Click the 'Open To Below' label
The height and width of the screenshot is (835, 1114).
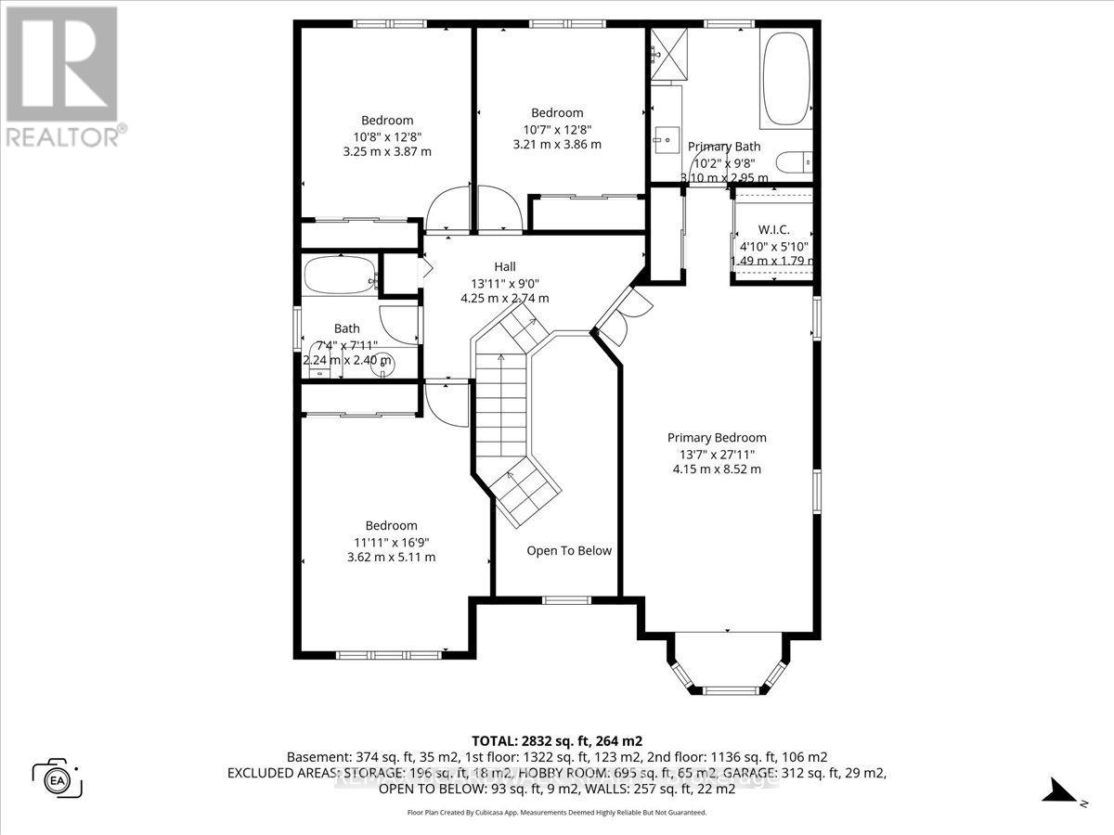click(x=569, y=550)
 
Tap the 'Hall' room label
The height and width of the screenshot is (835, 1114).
click(x=504, y=268)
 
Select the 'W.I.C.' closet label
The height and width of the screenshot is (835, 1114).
click(x=772, y=228)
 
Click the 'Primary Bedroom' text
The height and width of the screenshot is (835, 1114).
click(x=717, y=438)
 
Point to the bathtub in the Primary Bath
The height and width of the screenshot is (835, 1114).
click(x=786, y=78)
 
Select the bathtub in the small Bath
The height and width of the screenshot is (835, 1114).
click(x=340, y=276)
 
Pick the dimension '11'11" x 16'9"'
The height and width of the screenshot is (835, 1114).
click(x=391, y=542)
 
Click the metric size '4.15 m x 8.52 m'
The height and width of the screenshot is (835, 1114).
click(x=717, y=469)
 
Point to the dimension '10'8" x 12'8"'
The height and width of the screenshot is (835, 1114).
click(x=387, y=135)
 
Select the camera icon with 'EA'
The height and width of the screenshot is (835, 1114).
click(x=58, y=777)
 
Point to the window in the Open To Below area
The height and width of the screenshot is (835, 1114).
click(x=561, y=600)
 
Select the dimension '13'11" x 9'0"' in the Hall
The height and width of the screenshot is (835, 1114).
click(x=504, y=284)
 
